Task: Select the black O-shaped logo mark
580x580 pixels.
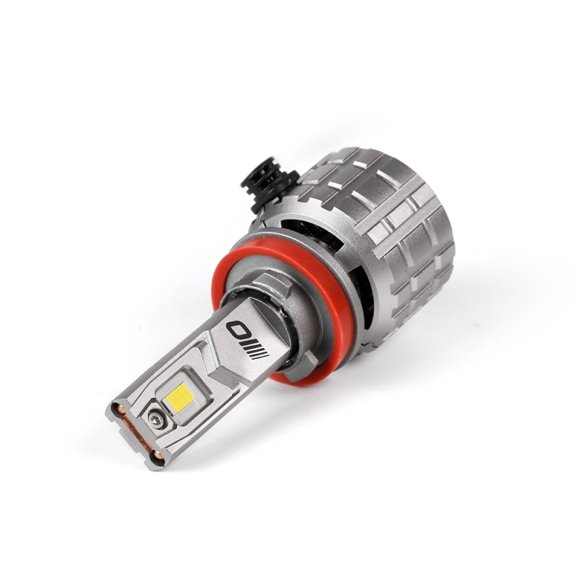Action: tap(238, 330)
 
